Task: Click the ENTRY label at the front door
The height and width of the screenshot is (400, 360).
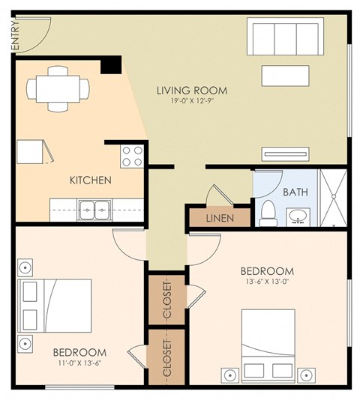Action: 14,35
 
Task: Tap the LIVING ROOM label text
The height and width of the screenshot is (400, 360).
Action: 192,91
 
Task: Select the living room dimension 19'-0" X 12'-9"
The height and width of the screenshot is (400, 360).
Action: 192,103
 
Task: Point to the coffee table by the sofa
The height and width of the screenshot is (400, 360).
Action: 285,76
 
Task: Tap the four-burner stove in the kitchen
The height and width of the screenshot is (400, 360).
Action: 133,156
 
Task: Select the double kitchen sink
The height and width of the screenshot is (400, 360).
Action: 95,209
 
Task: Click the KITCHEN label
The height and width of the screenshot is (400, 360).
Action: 91,181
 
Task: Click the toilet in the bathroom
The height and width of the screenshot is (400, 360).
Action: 267,213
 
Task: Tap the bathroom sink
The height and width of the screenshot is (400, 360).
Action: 298,218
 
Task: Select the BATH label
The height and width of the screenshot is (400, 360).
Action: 295,192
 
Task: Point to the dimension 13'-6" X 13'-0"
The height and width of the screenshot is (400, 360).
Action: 266,283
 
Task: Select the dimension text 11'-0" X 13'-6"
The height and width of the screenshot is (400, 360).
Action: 79,364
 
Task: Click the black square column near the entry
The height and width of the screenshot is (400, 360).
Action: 111,64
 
